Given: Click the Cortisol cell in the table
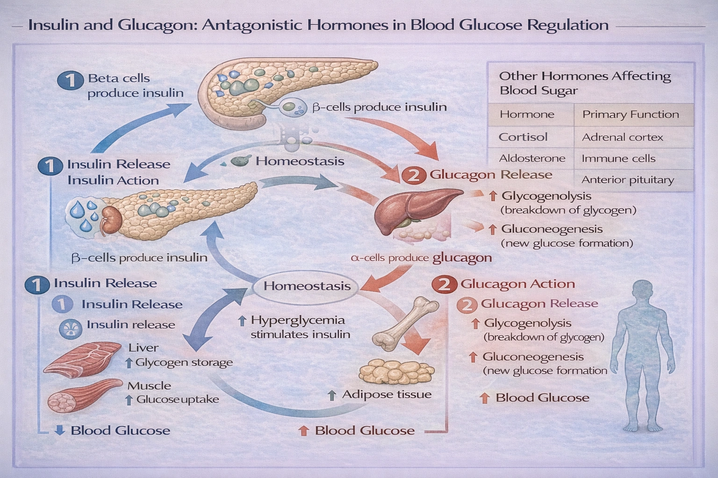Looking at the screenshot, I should click(523, 137).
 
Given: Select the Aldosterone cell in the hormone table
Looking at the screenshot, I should click(532, 159).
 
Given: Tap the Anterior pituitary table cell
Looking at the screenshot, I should click(627, 180).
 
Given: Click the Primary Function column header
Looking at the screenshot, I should click(630, 115).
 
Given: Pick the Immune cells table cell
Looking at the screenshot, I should click(618, 159).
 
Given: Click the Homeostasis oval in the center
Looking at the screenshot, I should click(307, 286).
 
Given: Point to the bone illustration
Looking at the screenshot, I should click(404, 324).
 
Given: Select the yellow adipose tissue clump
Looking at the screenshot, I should click(396, 372).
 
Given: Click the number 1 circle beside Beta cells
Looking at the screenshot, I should click(70, 80).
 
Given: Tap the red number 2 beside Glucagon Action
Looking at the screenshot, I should click(444, 284).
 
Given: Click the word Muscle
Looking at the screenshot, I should click(149, 386).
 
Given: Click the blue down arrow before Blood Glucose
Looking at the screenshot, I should click(59, 430).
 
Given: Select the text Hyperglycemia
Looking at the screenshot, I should click(297, 320).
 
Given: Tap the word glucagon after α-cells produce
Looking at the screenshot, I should click(462, 258).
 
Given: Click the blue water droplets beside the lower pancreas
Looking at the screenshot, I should click(84, 215).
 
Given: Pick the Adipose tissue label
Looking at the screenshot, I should click(386, 394).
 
